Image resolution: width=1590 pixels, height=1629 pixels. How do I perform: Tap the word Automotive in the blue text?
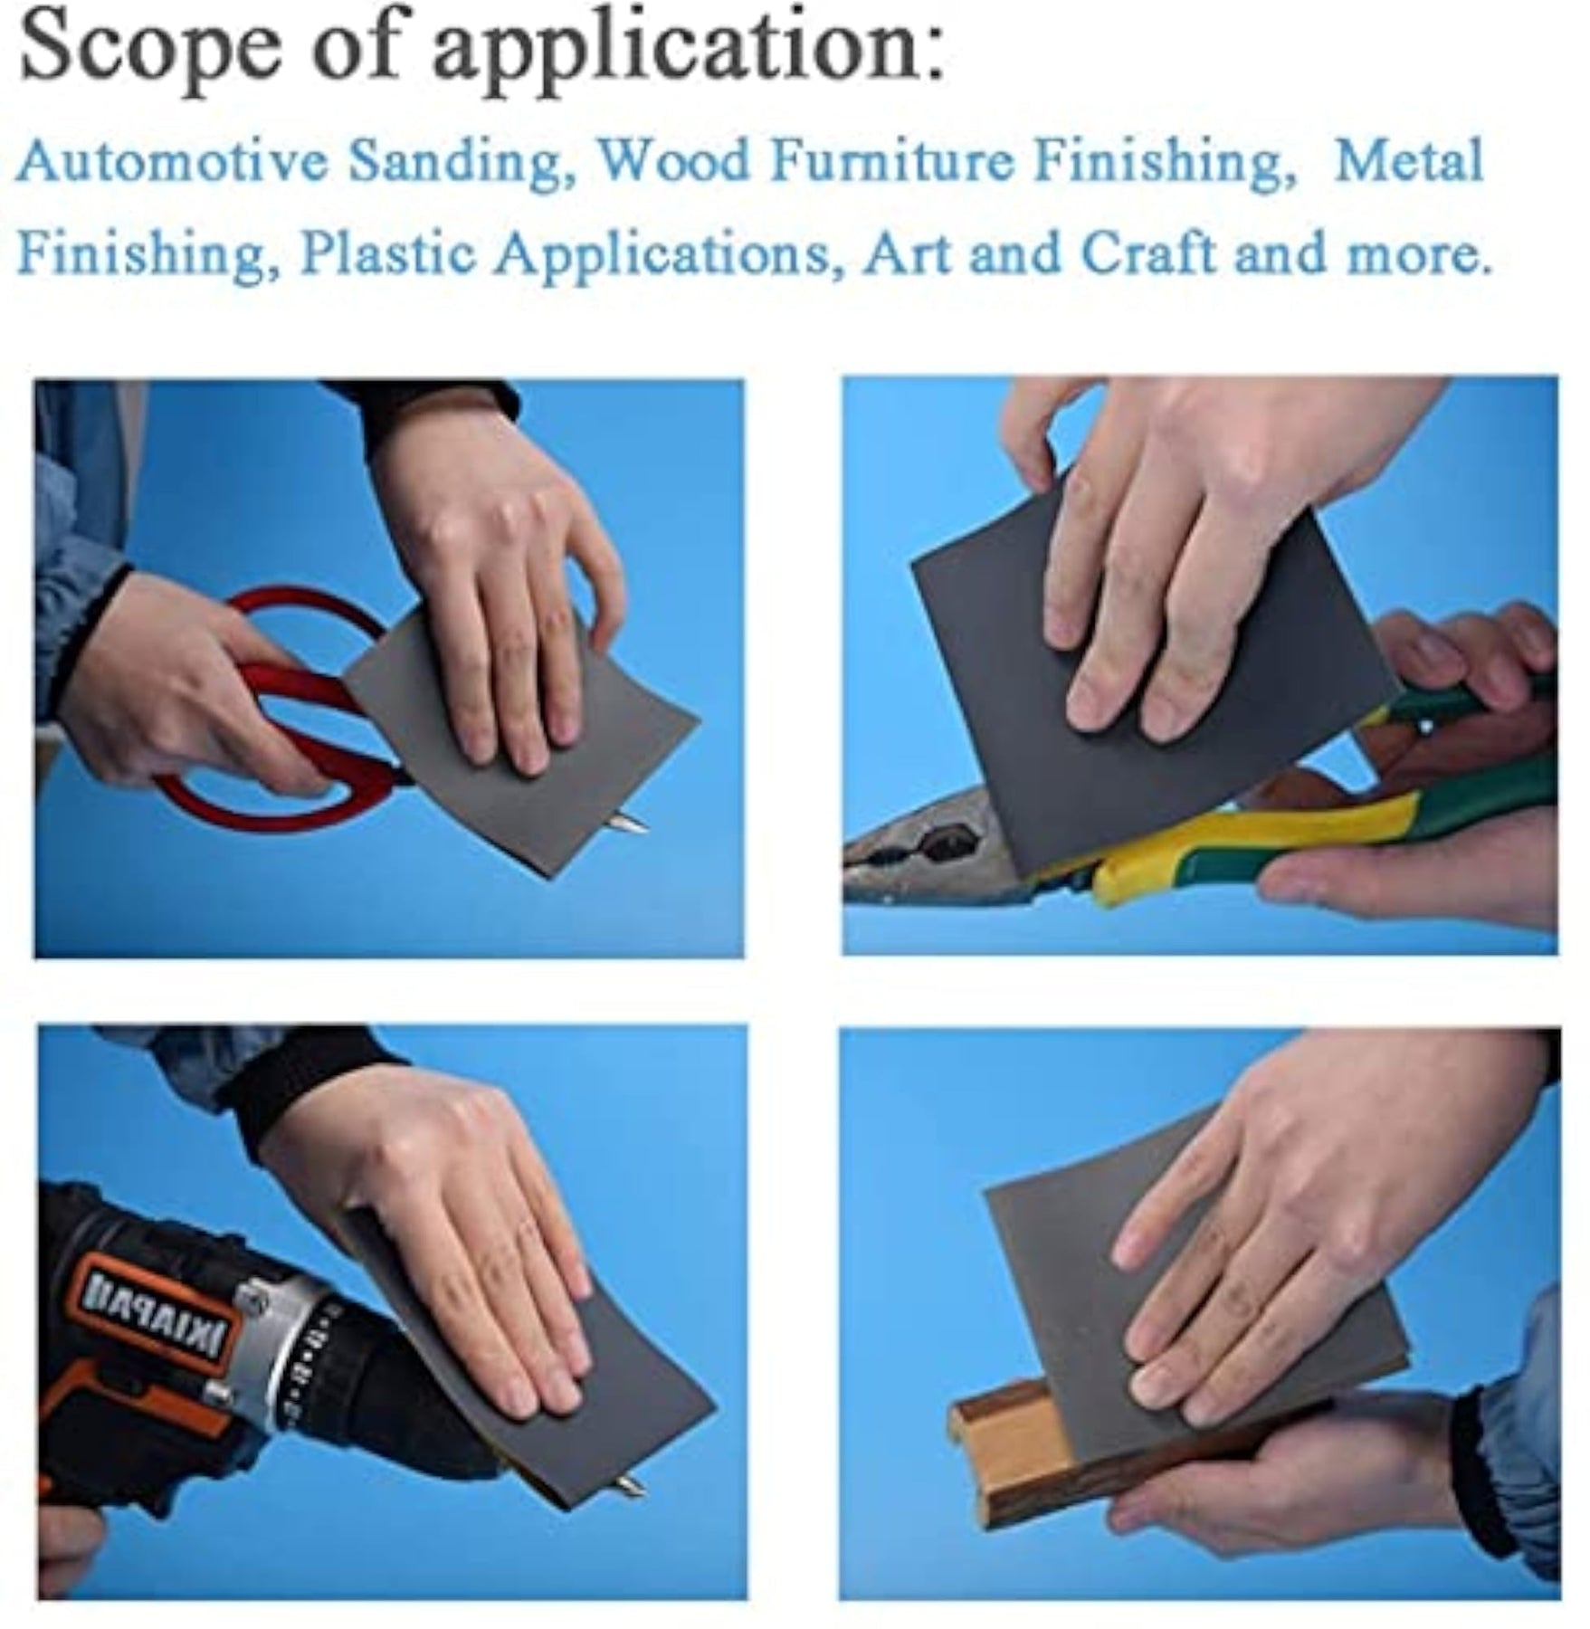point(173,162)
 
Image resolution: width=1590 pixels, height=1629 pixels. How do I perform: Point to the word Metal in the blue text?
point(1410,160)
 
